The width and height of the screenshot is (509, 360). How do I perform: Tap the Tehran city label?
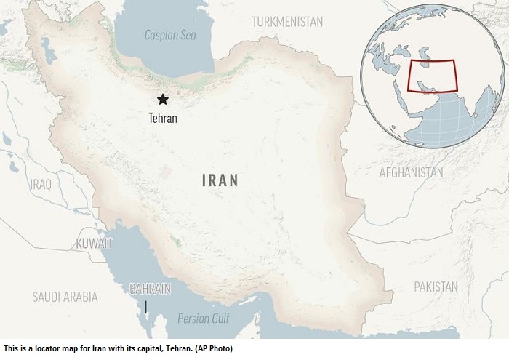(x=163, y=117)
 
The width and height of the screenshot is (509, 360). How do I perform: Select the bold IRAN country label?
(x=220, y=180)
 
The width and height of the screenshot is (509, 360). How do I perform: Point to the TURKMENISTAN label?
(x=287, y=22)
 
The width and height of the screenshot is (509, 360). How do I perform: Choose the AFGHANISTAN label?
(x=410, y=172)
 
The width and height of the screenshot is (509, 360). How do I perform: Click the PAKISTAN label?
(x=436, y=287)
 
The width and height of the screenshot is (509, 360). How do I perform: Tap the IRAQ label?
(x=41, y=184)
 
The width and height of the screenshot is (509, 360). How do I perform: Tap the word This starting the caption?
(x=11, y=349)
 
